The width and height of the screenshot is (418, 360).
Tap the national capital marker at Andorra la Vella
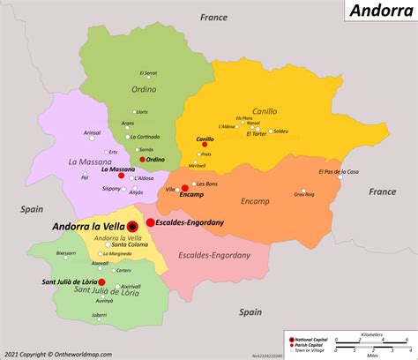click(x=132, y=226)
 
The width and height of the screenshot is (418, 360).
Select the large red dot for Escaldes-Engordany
click(x=151, y=223)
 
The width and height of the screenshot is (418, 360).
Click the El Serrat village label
click(x=148, y=73)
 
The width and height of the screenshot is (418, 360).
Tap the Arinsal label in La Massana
click(x=92, y=132)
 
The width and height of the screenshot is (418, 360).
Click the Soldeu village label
click(x=280, y=131)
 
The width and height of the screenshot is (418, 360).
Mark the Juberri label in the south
click(x=99, y=315)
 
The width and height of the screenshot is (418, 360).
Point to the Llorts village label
click(x=142, y=112)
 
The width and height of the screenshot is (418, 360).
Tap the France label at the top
click(x=213, y=17)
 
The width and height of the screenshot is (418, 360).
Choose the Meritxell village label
click(x=198, y=166)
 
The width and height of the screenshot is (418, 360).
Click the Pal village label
click(x=85, y=177)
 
